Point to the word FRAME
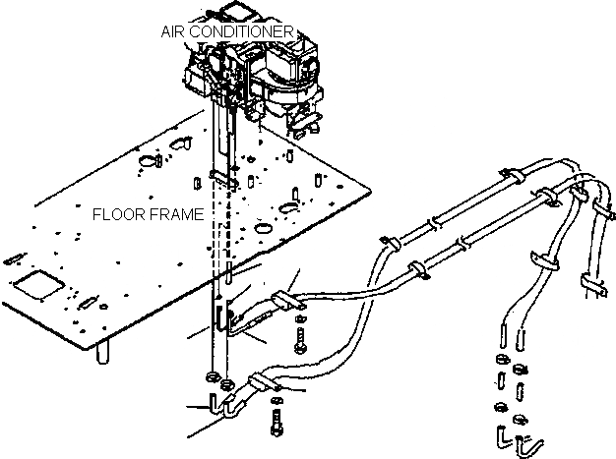click(181, 213)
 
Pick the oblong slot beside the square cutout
click(86, 302)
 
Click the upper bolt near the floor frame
click(299, 345)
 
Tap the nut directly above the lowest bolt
click(278, 399)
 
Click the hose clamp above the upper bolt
click(279, 299)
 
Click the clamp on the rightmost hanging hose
click(591, 283)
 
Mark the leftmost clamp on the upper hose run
click(390, 240)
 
